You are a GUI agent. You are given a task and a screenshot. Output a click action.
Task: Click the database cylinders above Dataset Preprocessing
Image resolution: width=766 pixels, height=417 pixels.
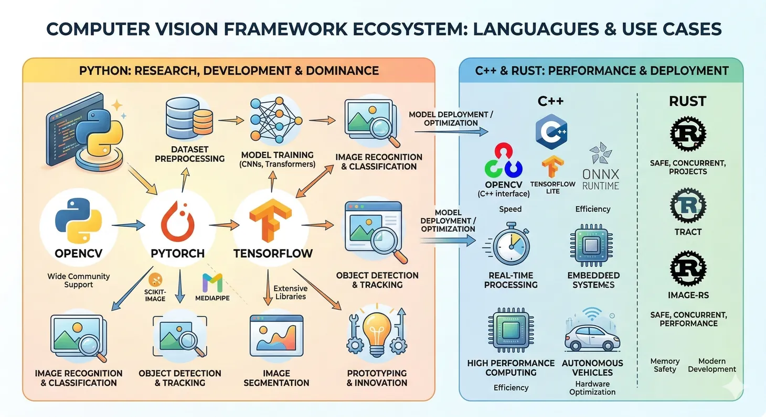pos(189,116)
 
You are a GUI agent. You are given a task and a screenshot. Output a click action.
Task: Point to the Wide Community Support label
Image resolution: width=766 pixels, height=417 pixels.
pos(79,280)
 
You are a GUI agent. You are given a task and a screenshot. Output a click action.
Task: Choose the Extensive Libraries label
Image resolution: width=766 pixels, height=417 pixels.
pos(290,292)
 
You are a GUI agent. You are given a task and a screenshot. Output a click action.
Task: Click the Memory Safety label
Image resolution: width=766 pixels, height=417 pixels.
pos(665,365)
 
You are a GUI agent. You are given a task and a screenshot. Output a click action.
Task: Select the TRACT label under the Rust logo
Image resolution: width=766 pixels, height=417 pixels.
pos(688,232)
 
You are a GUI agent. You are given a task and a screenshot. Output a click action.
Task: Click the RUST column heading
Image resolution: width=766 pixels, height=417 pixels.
pos(687,101)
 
